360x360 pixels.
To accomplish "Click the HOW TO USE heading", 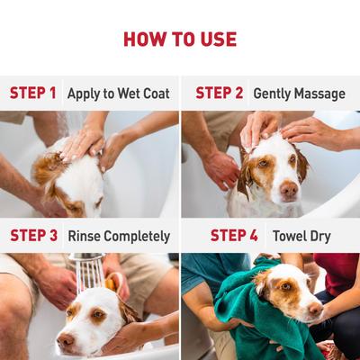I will pyautogui.click(x=180, y=39).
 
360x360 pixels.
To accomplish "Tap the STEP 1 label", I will pyautogui.click(x=33, y=93).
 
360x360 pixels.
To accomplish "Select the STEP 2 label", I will pyautogui.click(x=220, y=93).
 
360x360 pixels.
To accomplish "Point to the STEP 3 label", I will pyautogui.click(x=34, y=236).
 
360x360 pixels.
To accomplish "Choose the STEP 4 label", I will pyautogui.click(x=234, y=236).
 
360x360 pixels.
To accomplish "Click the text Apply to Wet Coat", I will pyautogui.click(x=118, y=93).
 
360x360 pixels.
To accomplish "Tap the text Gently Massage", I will pyautogui.click(x=299, y=93).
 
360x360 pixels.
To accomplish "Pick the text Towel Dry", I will pyautogui.click(x=302, y=236).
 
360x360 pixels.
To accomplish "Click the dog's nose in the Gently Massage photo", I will pyautogui.click(x=289, y=190).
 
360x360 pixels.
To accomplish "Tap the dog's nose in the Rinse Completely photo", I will pyautogui.click(x=64, y=341).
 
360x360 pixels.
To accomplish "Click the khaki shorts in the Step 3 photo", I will pyautogui.click(x=148, y=283).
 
